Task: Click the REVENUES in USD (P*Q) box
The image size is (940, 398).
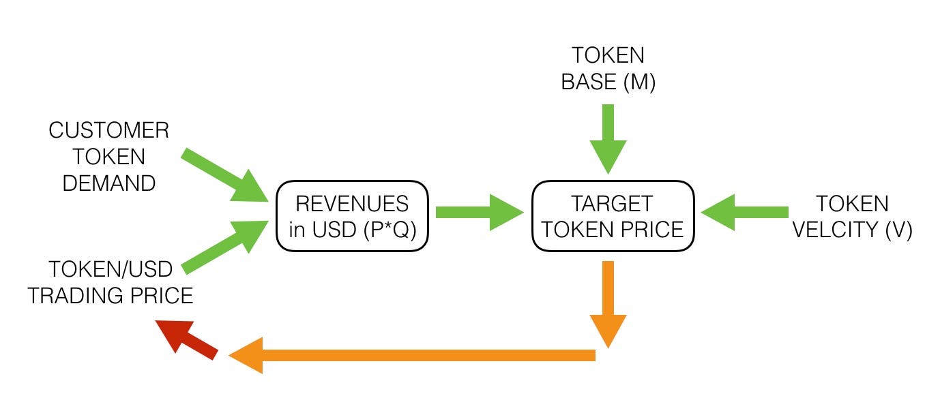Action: [x=352, y=216]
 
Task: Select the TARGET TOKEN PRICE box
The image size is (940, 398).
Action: [x=612, y=216]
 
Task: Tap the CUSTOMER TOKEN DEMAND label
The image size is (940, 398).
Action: [x=108, y=157]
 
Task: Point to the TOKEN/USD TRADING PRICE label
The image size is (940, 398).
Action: [x=111, y=282]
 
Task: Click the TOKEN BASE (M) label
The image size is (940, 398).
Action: [x=608, y=68]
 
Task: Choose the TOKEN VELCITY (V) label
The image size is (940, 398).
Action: [x=852, y=216]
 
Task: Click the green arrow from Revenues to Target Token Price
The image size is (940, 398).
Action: [x=478, y=212]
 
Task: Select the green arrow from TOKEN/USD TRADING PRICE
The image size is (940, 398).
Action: [x=225, y=247]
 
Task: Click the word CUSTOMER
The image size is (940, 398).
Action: [x=108, y=130]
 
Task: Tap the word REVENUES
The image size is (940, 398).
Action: [x=352, y=203]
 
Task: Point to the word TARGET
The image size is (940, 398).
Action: [x=612, y=203]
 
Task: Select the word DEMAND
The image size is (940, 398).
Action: [x=108, y=183]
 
